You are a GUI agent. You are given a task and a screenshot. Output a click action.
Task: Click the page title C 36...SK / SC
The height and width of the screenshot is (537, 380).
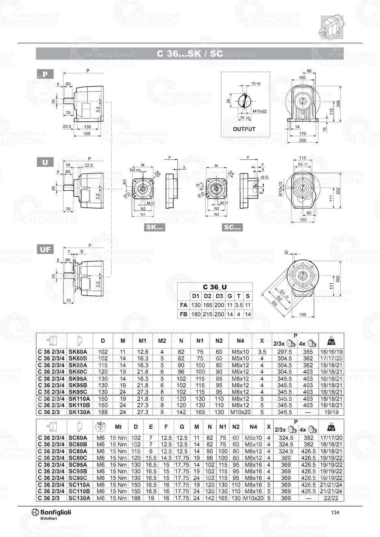(x=190, y=54)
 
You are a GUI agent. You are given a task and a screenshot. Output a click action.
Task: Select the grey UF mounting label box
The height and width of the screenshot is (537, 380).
(x=45, y=250)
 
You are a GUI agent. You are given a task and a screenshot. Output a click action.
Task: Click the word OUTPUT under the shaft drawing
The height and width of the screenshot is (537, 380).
(x=244, y=129)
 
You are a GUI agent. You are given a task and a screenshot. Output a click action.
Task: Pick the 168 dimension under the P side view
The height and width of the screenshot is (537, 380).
(x=87, y=134)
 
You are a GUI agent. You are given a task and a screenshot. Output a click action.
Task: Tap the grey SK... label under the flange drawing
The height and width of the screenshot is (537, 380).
(x=154, y=228)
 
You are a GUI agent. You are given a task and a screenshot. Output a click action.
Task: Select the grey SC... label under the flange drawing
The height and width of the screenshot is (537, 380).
(x=232, y=228)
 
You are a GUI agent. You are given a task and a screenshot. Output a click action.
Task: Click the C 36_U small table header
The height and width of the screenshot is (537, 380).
(x=215, y=287)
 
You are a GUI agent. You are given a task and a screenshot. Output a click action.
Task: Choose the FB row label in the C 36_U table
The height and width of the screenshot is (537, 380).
(x=184, y=314)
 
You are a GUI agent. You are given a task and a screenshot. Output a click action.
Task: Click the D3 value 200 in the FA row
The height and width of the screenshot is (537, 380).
(x=219, y=305)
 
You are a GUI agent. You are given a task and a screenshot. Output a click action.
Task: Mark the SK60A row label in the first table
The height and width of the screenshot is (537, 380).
(x=78, y=352)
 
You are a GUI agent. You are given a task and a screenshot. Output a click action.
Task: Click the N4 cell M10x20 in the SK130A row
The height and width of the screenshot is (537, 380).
(x=240, y=412)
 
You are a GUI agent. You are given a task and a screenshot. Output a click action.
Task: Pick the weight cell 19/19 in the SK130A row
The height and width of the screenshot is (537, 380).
(x=331, y=412)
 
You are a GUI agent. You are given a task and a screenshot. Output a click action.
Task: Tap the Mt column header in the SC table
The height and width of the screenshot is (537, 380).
(x=118, y=427)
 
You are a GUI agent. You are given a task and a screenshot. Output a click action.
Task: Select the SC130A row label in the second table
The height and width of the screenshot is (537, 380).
(x=79, y=498)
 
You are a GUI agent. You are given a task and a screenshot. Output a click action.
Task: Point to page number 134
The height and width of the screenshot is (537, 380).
(x=335, y=512)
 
